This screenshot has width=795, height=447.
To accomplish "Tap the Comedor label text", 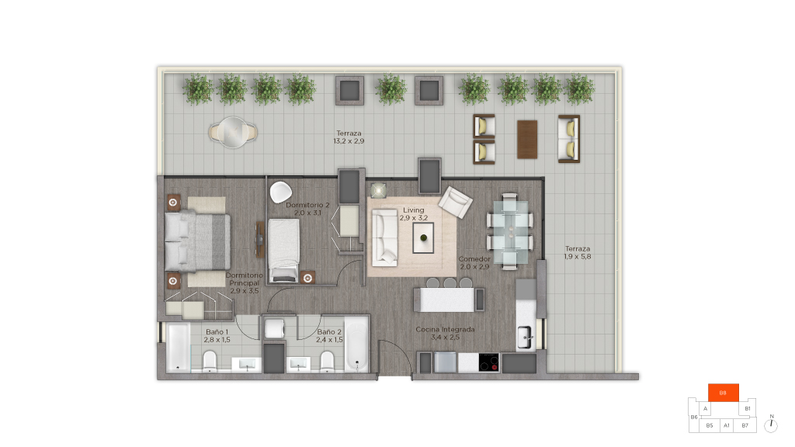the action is coord(474,259).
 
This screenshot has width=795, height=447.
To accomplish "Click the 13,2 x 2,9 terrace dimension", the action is coord(349,141).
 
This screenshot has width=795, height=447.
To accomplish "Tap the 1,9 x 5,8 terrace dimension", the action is coord(578,256).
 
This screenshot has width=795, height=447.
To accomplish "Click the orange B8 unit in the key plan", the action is coord(723,393).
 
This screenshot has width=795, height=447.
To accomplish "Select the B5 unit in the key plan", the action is coord(710,426).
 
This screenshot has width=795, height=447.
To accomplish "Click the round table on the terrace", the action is coord(233,132).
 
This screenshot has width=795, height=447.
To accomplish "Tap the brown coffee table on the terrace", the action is coord(527,140).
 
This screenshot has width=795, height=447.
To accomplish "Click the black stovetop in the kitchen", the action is coord(489,363).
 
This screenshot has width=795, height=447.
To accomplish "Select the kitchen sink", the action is coord(525,338).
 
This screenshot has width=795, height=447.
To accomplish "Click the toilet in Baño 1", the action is coord(210,362).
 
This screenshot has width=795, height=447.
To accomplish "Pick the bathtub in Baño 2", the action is coord(356,345).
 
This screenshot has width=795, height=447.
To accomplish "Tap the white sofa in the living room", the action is coord(384,237).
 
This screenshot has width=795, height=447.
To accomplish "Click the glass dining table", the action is coord(510,231).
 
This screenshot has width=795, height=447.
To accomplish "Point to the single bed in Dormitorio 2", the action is coord(283,250).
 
